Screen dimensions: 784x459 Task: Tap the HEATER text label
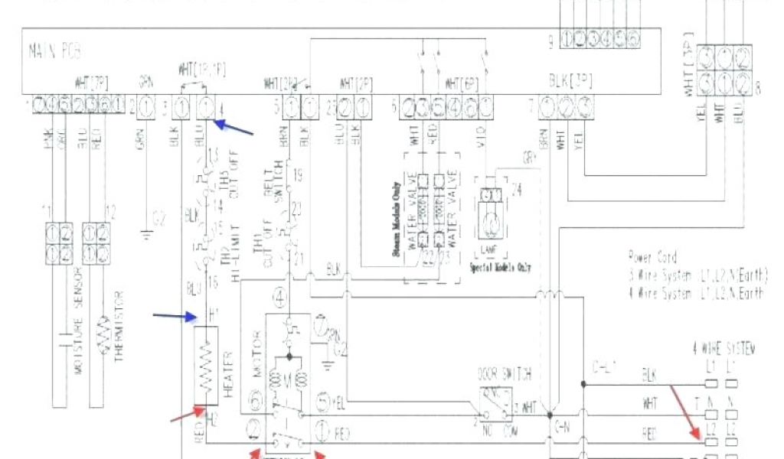pos(227,366)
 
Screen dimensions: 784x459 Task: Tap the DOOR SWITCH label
pos(505,374)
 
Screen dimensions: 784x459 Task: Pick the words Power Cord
pos(652,257)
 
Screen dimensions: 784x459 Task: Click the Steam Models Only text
pos(398,219)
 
